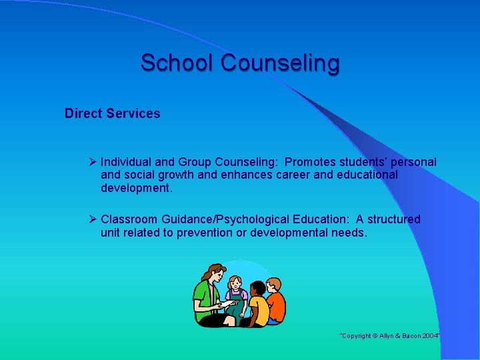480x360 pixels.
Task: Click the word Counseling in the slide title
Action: coord(280,63)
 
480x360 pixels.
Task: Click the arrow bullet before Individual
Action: coord(93,162)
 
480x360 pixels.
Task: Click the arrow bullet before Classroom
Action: coord(93,219)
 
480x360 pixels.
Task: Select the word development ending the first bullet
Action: coord(135,188)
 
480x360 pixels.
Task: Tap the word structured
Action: coord(394,219)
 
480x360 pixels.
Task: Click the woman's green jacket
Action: coord(203,293)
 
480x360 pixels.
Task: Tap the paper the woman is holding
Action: coord(226,304)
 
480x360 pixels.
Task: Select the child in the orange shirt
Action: coord(274,303)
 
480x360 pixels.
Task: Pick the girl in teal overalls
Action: coord(235,297)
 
